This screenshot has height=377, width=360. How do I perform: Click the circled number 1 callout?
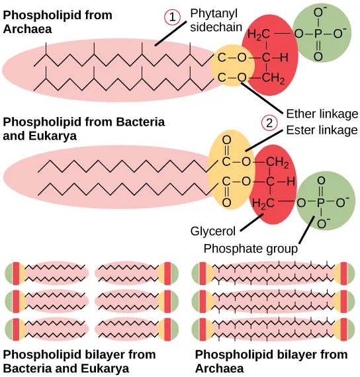174,19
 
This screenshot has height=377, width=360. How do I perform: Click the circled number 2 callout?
269,123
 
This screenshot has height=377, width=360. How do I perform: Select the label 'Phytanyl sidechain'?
215,19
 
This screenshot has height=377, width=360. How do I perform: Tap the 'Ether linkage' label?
322,113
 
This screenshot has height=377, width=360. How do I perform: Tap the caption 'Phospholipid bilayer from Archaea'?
252,361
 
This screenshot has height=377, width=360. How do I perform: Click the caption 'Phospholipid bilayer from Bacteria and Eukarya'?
79,361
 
